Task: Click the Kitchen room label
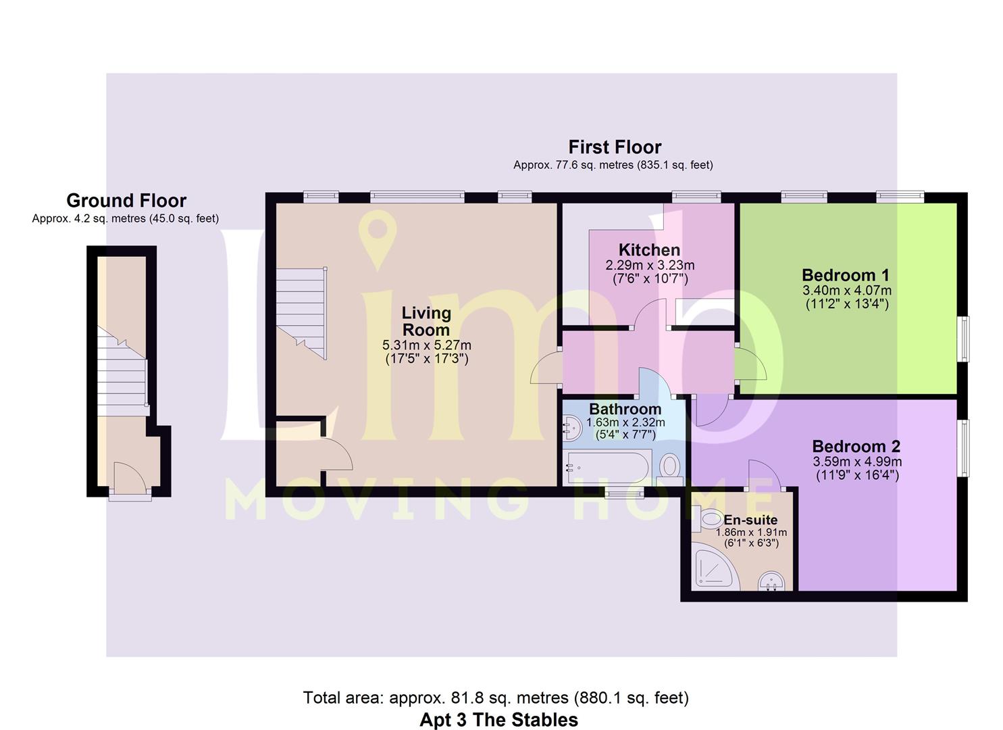point(649,249)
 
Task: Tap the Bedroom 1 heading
point(846,274)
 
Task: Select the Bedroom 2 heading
point(856,446)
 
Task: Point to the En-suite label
point(750,520)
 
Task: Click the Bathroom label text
point(625,409)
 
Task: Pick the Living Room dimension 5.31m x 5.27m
point(426,345)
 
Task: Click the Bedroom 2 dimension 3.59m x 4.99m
point(857,461)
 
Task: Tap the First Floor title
point(615,147)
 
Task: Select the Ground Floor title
point(126,200)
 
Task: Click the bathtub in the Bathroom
point(608,468)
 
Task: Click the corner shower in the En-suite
point(715,566)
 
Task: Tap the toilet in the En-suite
point(707,519)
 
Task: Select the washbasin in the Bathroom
point(572,428)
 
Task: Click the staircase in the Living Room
point(301,314)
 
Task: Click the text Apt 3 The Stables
point(499,719)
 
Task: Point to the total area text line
point(496,698)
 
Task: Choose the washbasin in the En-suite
point(771,581)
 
